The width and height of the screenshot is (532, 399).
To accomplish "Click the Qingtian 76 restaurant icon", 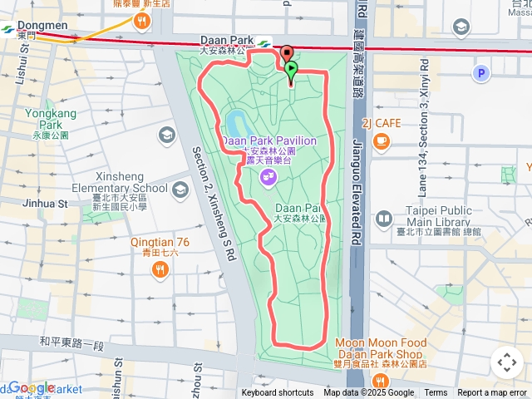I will (x=160, y=268).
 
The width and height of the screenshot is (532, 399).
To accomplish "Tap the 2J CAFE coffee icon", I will (x=382, y=141).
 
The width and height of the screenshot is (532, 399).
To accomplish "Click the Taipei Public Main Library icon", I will (x=384, y=219).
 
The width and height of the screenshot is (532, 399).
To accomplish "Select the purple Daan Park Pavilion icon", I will (x=268, y=175).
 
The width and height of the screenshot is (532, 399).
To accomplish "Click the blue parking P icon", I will (x=480, y=75).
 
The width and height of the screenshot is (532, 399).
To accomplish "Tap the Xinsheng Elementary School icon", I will (x=180, y=189).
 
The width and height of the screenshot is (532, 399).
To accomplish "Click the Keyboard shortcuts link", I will (x=278, y=393).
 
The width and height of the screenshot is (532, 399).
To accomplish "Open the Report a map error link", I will (x=492, y=393).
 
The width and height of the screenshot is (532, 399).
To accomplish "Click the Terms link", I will (x=436, y=393).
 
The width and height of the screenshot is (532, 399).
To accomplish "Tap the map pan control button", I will (x=506, y=362).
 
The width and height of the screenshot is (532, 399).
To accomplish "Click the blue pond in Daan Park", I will (x=236, y=125).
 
